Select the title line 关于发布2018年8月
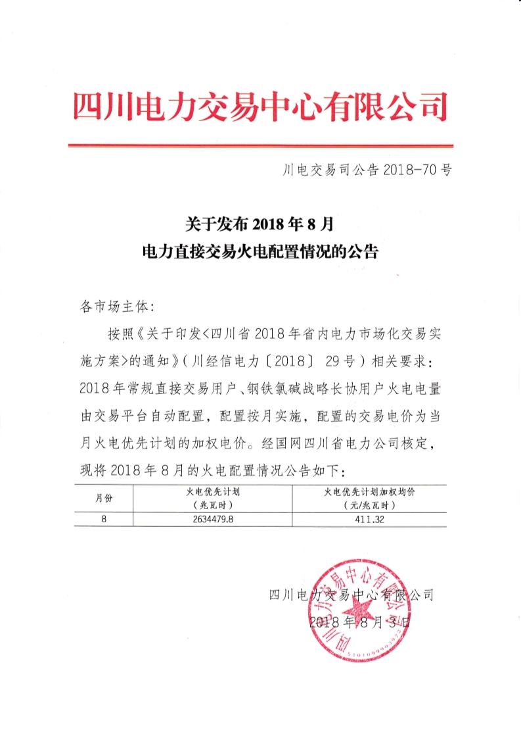click(x=260, y=224)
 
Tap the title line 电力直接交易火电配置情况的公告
click(x=260, y=251)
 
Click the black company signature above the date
click(x=351, y=595)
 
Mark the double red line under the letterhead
click(x=260, y=145)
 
